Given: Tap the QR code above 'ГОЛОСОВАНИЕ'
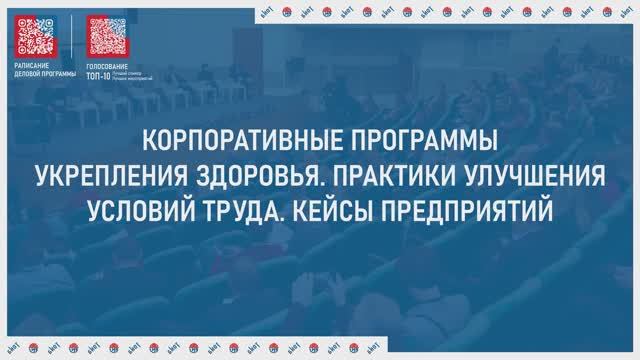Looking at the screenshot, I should (x=107, y=36).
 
